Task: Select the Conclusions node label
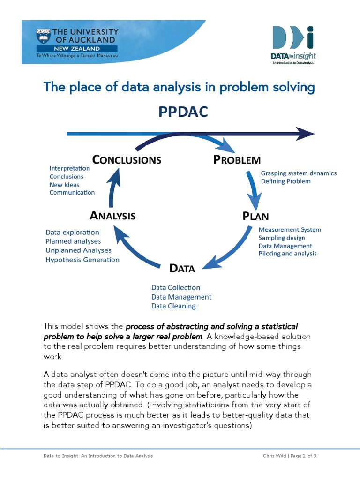coord(127,160)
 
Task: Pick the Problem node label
coord(237,160)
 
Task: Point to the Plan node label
coord(255,216)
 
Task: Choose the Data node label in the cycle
coord(182,268)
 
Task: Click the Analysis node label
coord(112,216)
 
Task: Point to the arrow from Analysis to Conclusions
coord(112,187)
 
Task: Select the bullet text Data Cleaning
coord(173,306)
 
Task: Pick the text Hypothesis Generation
coord(82,260)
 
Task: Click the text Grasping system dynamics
coord(299,173)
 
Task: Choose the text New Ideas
coord(65,185)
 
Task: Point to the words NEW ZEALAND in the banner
coord(76,48)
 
